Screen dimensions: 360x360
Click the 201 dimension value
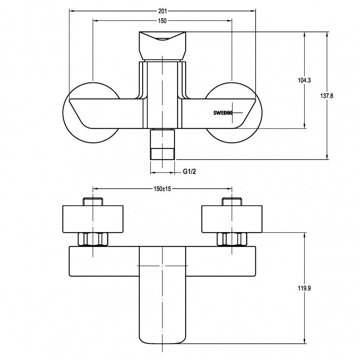(162, 10)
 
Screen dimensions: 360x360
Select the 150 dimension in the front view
(162, 21)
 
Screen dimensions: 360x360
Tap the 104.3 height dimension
(305, 80)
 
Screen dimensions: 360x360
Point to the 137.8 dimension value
(327, 96)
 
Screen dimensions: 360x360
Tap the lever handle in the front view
(162, 45)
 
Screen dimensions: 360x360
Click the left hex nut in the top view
(93, 239)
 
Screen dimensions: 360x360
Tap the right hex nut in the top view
(231, 239)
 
